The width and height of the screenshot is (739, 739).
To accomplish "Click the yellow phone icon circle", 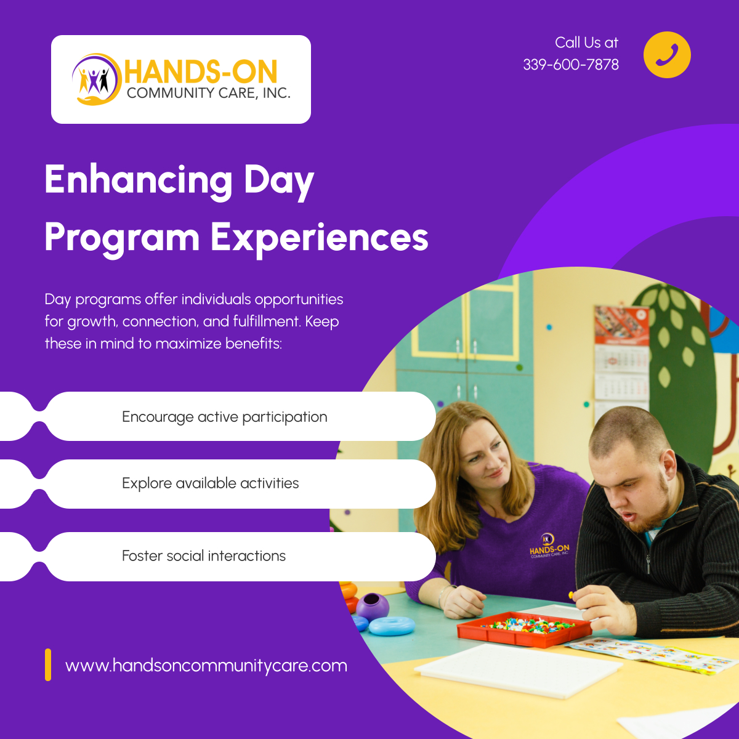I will click(x=667, y=55).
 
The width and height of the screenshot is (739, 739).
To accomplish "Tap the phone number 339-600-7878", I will click(x=571, y=65).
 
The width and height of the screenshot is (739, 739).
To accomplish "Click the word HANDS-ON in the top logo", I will click(x=201, y=72).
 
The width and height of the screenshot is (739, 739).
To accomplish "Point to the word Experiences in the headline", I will click(x=319, y=237).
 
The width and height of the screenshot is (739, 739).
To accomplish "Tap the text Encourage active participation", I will click(x=224, y=417).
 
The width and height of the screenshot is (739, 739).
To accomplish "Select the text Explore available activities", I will click(x=210, y=483).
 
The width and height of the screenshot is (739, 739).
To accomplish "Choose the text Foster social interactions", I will click(x=204, y=556).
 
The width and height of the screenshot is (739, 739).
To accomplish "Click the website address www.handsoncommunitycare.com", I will click(x=206, y=666).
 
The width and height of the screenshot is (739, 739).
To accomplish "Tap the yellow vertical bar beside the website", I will click(x=48, y=664).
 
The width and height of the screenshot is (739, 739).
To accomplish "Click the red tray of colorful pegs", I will click(x=523, y=628).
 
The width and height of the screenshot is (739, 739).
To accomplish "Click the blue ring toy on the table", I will click(x=392, y=626).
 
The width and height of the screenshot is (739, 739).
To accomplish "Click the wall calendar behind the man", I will click(x=621, y=357).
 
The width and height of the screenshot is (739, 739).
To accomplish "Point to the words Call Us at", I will click(x=586, y=42).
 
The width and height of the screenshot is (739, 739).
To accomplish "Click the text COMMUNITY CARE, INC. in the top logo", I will click(x=208, y=94).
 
